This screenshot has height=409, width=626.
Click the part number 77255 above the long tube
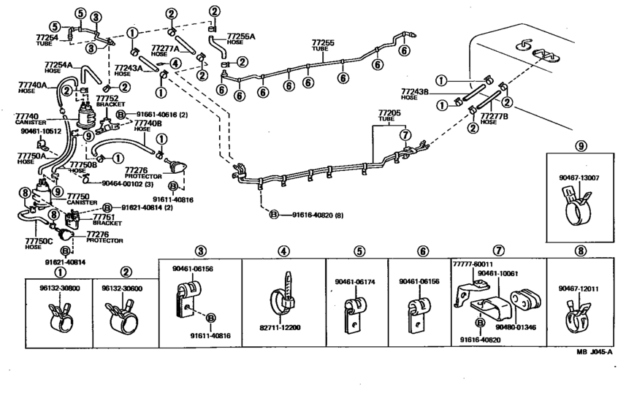coord(322,43)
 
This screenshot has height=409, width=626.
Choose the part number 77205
coord(389,114)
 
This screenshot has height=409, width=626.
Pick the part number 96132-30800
coord(49,288)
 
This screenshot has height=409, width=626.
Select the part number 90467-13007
coord(581,177)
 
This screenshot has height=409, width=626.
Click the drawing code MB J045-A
coord(593,352)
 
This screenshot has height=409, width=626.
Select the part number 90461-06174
coord(355,281)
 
